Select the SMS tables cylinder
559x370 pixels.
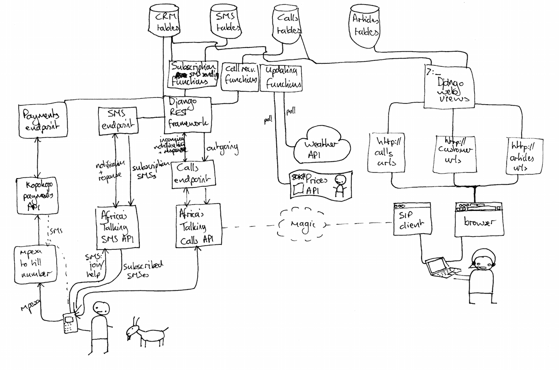click(226, 22)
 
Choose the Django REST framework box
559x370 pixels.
click(188, 114)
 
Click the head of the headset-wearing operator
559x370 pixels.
click(482, 260)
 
